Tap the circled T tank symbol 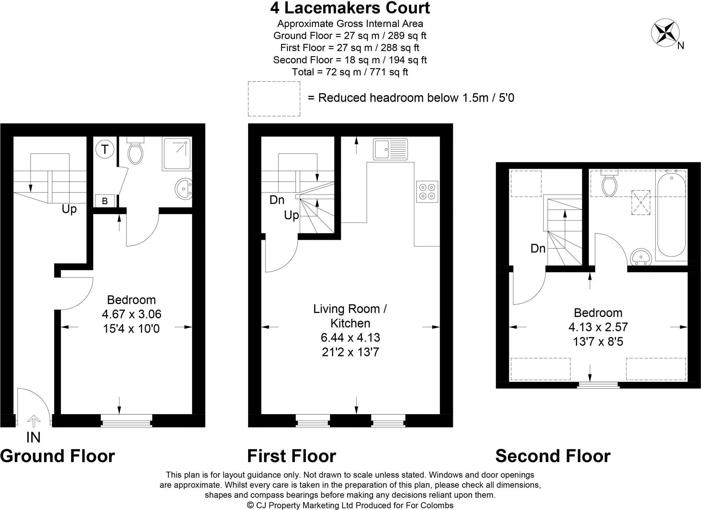tap(104, 150)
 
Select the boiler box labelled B tap(105, 201)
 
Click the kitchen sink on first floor tap(390, 149)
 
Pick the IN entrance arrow tap(33, 421)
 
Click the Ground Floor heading tap(58, 456)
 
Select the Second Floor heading tap(553, 456)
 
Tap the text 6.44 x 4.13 tap(350, 338)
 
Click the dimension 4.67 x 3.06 tap(131, 314)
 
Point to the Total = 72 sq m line tap(350, 72)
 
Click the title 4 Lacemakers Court tap(350, 8)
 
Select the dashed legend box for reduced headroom tap(274, 99)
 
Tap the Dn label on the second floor tap(538, 248)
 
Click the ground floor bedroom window tap(127, 421)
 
